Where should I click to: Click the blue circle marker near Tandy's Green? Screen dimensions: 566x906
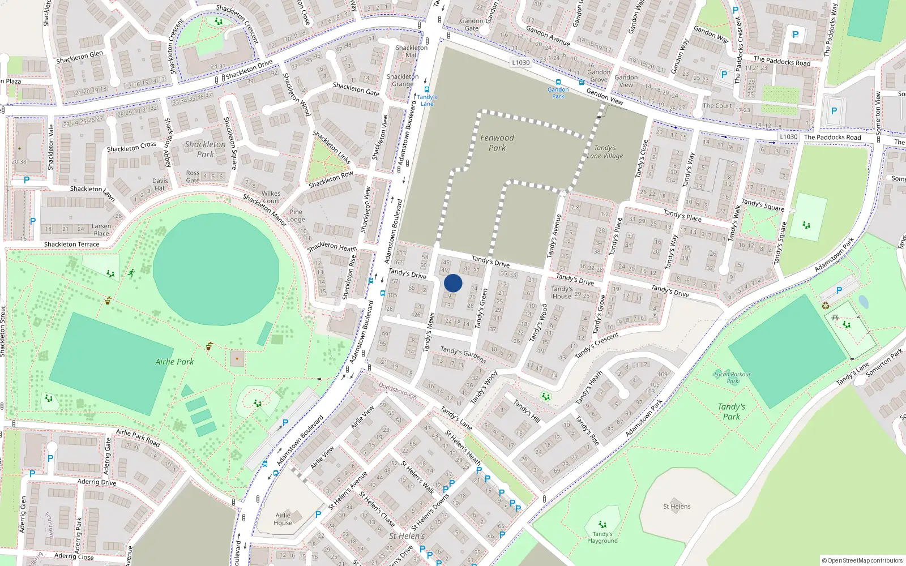453,283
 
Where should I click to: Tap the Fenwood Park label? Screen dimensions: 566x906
497,143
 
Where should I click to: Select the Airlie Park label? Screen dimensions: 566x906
174,362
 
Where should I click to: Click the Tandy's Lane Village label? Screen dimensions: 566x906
605,152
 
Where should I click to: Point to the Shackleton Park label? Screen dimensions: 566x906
205,149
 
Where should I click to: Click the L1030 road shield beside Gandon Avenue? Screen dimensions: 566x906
520,63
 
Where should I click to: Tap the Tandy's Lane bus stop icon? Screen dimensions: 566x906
427,89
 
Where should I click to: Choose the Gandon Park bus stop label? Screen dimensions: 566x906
558,93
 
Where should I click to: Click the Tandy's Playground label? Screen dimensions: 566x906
602,537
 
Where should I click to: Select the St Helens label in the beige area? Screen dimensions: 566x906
677,507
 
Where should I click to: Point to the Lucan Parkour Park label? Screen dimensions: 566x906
732,378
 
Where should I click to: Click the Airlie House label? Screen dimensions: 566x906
283,518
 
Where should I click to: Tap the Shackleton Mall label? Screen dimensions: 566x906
412,52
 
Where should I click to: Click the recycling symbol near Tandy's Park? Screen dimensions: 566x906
826,306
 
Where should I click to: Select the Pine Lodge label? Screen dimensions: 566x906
296,216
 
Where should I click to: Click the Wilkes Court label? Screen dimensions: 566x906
271,197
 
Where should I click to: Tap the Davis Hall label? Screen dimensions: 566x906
160,185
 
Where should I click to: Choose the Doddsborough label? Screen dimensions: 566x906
398,391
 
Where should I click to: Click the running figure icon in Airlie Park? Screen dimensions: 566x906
131,273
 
